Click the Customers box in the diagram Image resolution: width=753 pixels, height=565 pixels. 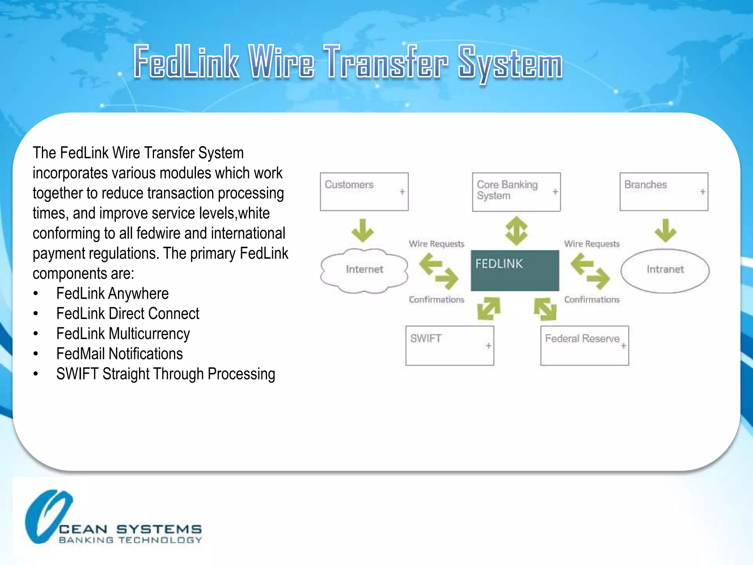pos(364,191)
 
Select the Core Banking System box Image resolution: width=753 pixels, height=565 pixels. pos(516,192)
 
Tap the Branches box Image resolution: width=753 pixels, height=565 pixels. pos(663,191)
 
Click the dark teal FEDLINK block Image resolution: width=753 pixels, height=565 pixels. pos(515,270)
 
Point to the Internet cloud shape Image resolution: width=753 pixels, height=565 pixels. pos(364,270)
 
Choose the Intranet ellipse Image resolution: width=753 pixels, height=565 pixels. pos(665,270)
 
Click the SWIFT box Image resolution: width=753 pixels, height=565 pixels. pos(449,345)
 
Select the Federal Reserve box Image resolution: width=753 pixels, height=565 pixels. pos(584,345)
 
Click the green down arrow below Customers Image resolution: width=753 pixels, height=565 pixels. pos(363,231)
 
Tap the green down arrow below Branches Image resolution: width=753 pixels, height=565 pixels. pos(665,231)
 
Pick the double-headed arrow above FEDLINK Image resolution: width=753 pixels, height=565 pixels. pos(516,231)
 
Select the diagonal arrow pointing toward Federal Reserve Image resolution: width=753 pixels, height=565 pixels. pos(545,309)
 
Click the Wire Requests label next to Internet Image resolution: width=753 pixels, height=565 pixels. pos(436,244)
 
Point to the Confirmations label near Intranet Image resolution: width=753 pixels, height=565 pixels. pos(592,300)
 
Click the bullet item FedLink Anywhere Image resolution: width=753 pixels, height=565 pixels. pos(112,294)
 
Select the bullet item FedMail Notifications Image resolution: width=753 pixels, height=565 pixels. pos(119,354)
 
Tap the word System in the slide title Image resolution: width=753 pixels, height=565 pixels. pos(510,63)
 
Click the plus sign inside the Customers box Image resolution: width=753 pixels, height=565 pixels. pos(402,192)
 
